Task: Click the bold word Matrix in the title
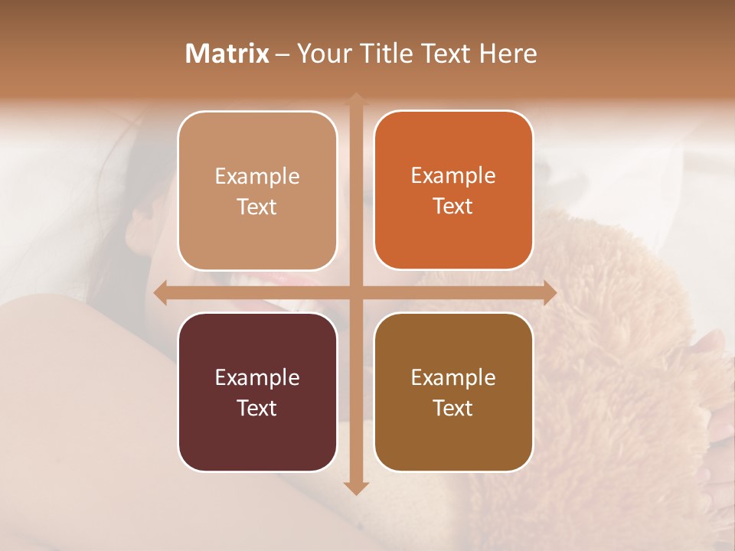point(227,54)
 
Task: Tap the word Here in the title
point(508,54)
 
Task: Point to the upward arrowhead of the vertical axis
point(356,99)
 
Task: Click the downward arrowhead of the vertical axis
point(356,487)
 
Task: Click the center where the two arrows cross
point(356,292)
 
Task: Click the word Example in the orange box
point(453,176)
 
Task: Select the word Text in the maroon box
point(257,408)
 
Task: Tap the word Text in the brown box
point(453,408)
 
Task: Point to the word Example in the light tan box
point(257,177)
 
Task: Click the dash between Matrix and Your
point(283,54)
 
